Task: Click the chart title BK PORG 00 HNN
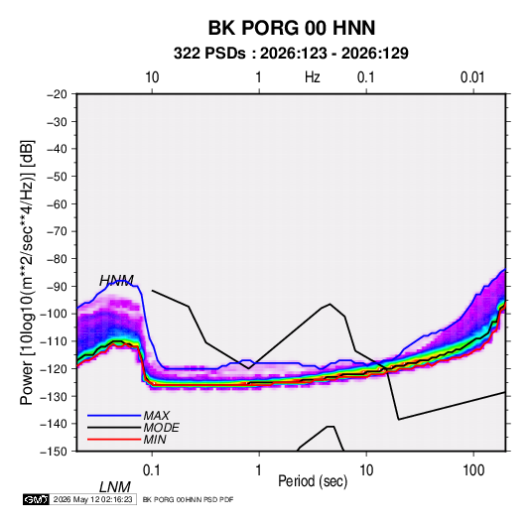292,28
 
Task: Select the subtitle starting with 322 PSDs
291,54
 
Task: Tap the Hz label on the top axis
313,77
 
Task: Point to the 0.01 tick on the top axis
472,77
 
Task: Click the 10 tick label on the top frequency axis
152,77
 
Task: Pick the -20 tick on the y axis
57,94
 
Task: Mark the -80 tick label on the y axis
57,259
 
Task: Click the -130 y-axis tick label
54,396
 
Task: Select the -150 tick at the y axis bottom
54,452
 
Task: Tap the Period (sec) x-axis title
313,481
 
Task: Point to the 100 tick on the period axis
473,470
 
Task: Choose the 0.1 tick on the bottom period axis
152,470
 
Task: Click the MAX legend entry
156,416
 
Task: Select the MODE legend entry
161,428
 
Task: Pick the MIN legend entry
155,440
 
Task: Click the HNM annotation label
116,281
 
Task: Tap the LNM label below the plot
115,487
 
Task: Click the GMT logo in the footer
37,499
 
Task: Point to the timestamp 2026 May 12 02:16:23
92,499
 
